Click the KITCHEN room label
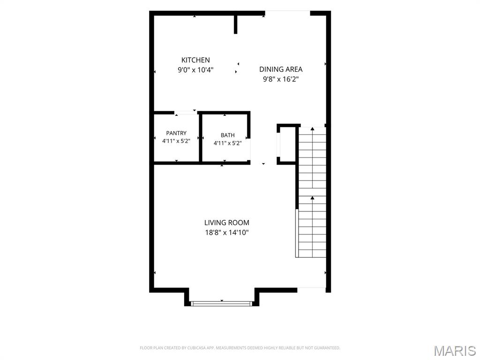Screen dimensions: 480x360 click(195, 60)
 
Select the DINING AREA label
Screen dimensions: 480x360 click(281, 69)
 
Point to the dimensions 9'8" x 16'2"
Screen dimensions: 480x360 click(281, 79)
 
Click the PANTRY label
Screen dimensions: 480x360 click(176, 133)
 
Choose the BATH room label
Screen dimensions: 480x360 click(227, 135)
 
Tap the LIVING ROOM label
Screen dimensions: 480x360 click(226, 223)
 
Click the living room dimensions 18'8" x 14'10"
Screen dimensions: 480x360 click(226, 232)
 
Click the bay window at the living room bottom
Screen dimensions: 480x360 click(221, 303)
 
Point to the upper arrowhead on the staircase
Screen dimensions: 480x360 click(312, 129)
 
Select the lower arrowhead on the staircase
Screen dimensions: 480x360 click(312, 198)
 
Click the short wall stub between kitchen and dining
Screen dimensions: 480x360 click(235, 24)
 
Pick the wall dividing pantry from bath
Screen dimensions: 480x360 click(201, 137)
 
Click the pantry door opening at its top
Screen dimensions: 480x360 click(186, 112)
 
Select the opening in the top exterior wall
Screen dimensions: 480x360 click(287, 13)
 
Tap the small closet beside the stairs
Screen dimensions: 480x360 click(287, 144)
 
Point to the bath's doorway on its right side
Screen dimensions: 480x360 click(249, 150)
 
